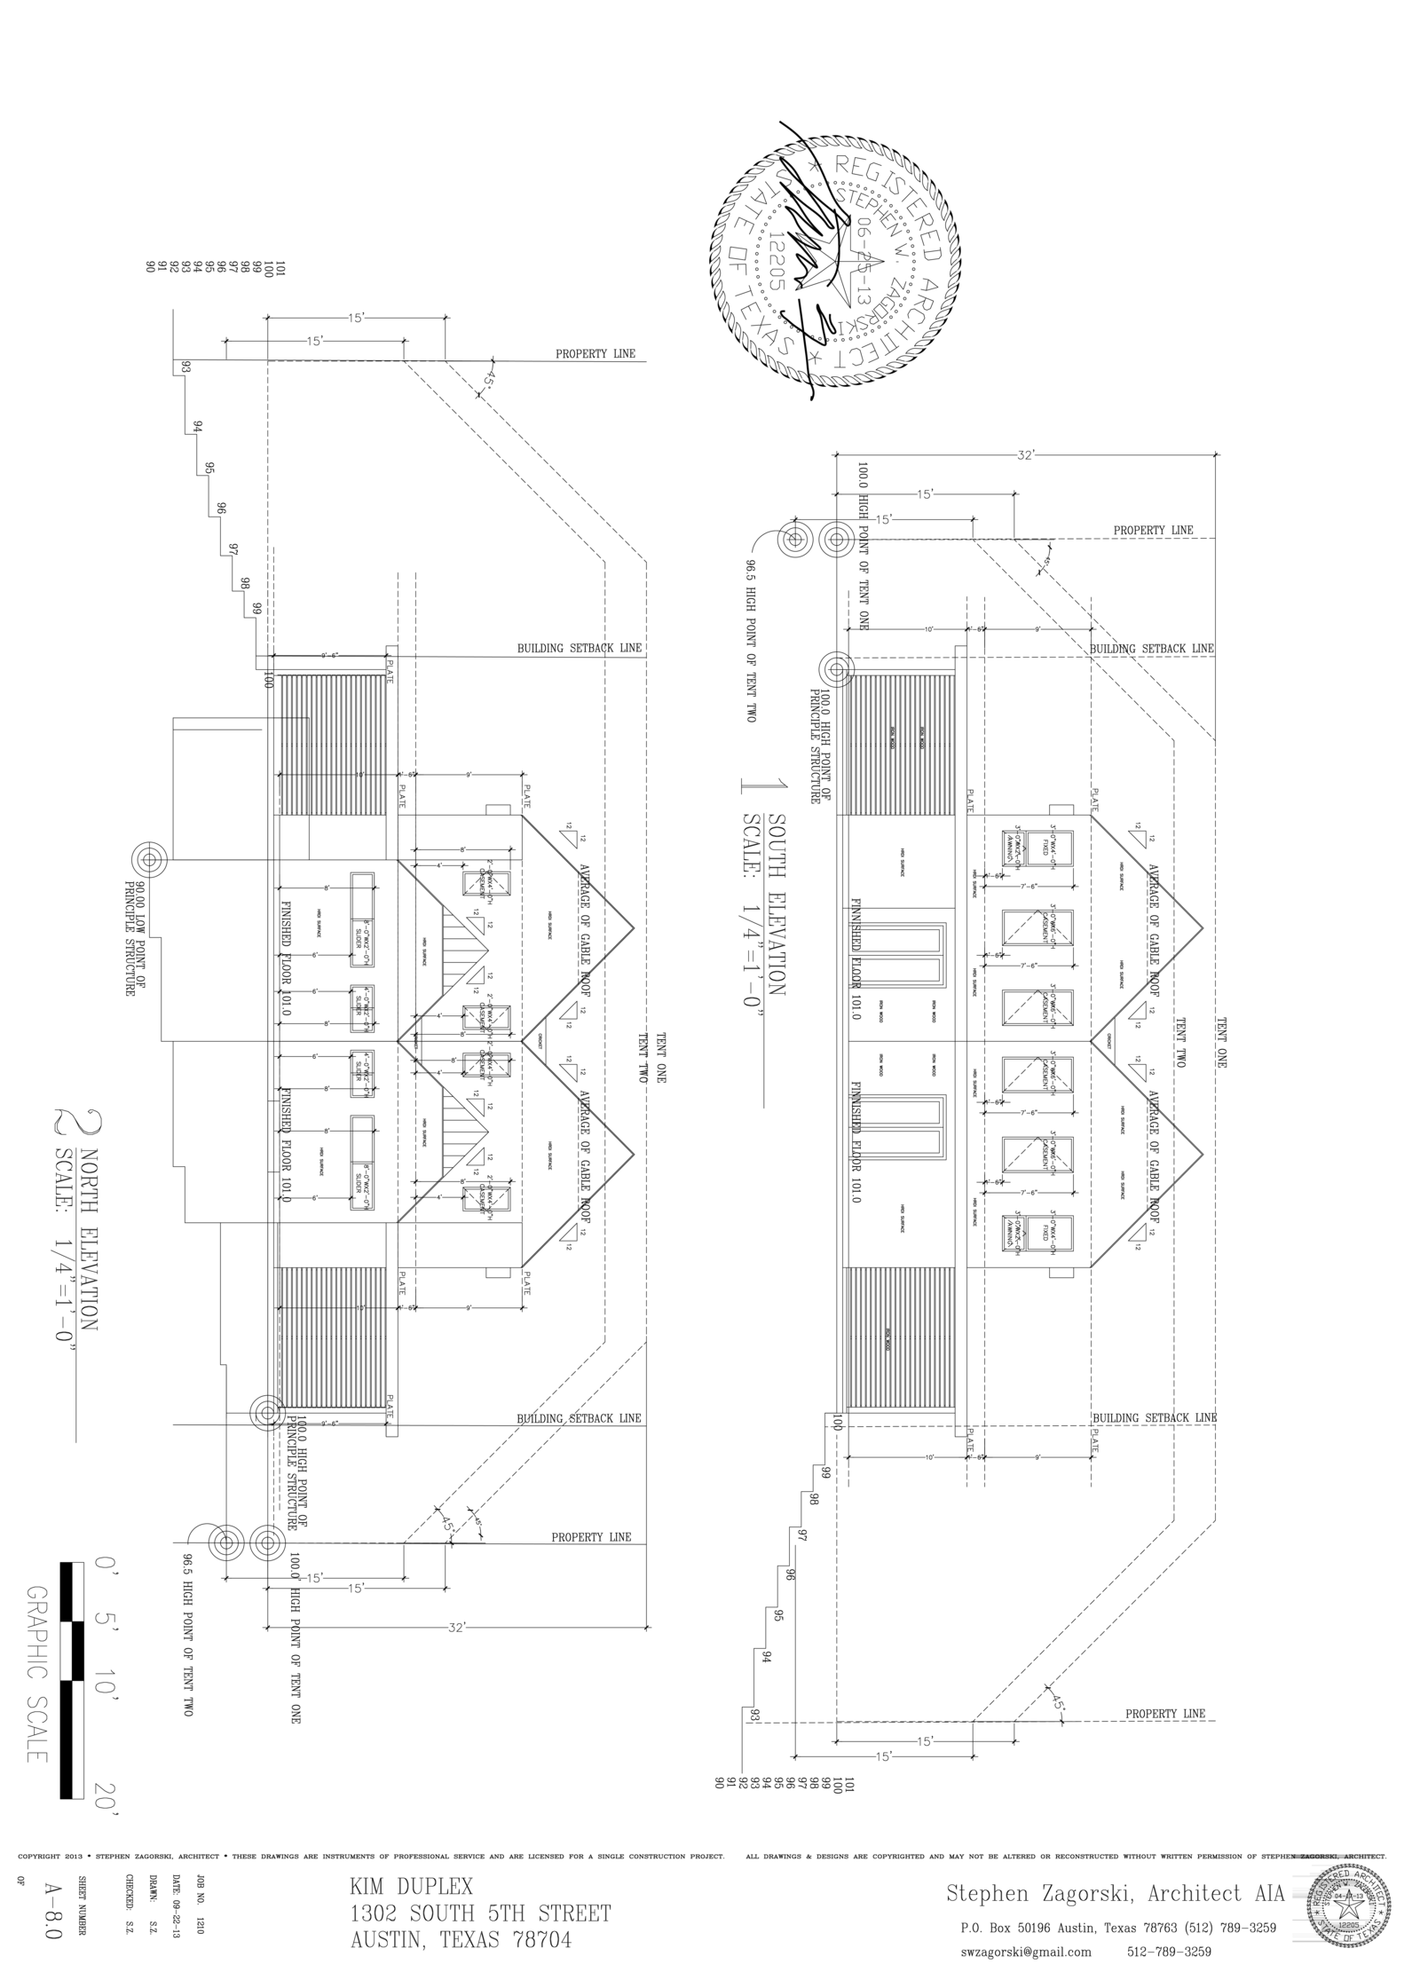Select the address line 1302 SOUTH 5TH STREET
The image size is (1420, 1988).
[480, 1913]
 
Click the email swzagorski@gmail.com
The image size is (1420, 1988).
[1025, 1952]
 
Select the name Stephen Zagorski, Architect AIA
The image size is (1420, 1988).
[1115, 1894]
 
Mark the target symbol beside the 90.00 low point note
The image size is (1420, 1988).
[149, 859]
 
